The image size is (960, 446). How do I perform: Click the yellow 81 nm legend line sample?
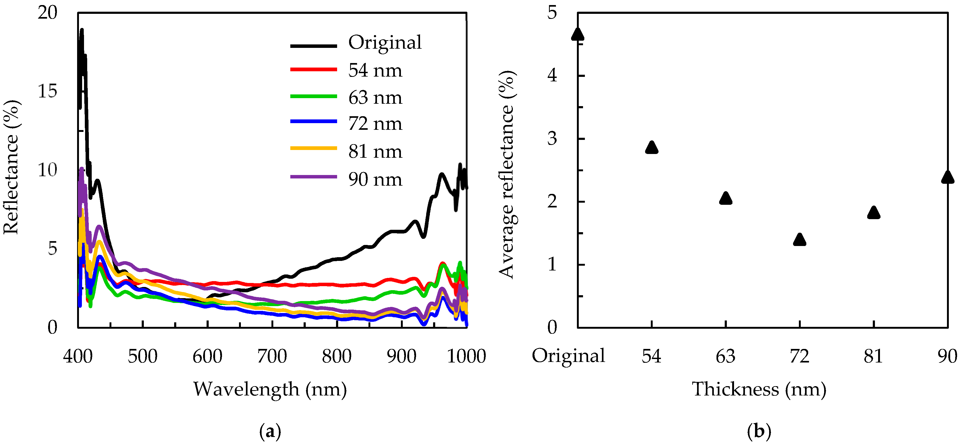pyautogui.click(x=313, y=148)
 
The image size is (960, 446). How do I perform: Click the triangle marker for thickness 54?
pyautogui.click(x=651, y=148)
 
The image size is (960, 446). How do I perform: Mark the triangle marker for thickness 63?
pyautogui.click(x=726, y=198)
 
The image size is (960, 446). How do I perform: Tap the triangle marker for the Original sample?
pyautogui.click(x=578, y=34)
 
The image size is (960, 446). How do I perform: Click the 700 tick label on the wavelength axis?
pyautogui.click(x=272, y=356)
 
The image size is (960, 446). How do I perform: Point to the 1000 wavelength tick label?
pyautogui.click(x=466, y=356)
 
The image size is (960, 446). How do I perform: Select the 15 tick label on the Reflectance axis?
pyautogui.click(x=47, y=91)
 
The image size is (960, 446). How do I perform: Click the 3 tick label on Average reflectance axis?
pyautogui.click(x=552, y=139)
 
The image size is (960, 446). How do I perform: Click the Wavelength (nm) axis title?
pyautogui.click(x=270, y=389)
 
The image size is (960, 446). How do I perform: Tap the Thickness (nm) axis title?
pyautogui.click(x=759, y=389)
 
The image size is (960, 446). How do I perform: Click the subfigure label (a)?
pyautogui.click(x=270, y=431)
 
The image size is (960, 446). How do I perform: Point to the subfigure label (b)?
pyautogui.click(x=759, y=431)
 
